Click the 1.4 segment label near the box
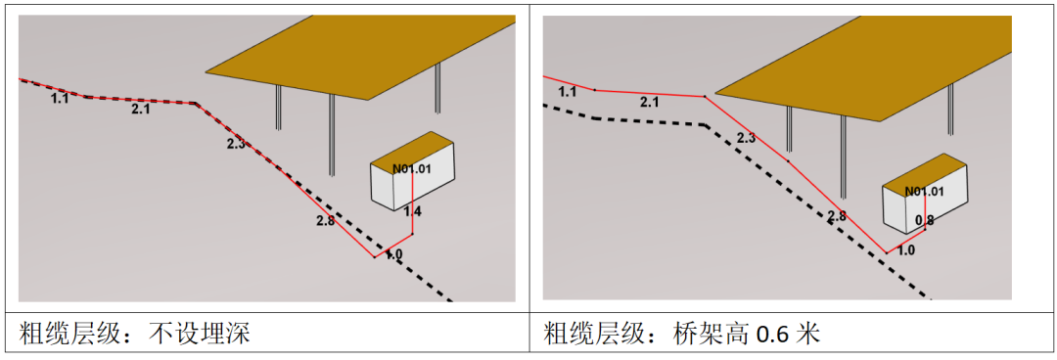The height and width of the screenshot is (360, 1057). click(x=413, y=211)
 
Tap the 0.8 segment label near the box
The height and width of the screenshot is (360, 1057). click(x=924, y=221)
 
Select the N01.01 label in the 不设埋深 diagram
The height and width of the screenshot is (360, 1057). click(x=411, y=169)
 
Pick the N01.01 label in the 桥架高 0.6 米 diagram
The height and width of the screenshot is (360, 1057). click(x=924, y=192)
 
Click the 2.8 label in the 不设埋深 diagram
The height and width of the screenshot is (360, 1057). click(x=326, y=221)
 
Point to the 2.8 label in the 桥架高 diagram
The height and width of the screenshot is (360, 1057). click(x=837, y=216)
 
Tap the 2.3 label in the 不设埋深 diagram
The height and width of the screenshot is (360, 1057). click(x=236, y=144)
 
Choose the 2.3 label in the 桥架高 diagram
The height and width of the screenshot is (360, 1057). click(x=746, y=138)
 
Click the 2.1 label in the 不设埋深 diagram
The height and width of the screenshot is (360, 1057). click(x=141, y=110)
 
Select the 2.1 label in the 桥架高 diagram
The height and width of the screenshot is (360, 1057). click(x=650, y=102)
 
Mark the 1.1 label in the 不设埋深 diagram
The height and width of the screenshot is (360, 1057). click(x=60, y=99)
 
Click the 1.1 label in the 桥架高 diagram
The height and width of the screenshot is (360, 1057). click(x=568, y=92)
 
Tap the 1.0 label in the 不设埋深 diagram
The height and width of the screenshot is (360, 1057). click(x=393, y=254)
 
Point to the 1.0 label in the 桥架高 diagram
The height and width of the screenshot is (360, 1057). click(x=906, y=250)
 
